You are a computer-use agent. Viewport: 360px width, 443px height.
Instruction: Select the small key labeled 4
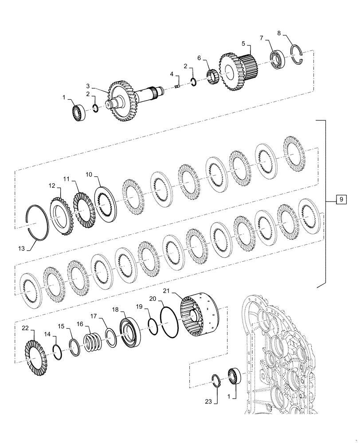[x=176, y=86]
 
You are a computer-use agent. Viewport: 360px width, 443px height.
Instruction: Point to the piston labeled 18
[x=130, y=331]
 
